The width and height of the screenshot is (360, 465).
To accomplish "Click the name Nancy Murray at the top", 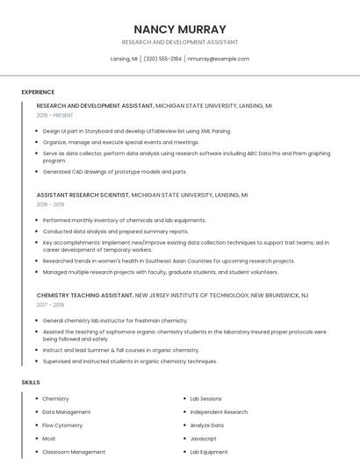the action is click(179, 29).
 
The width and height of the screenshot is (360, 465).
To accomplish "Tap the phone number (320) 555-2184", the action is click(162, 59).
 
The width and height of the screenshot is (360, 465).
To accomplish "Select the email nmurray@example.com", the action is click(219, 59).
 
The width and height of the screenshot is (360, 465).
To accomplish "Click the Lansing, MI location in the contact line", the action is click(124, 59).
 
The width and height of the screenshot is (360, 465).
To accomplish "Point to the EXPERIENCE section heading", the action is click(38, 92).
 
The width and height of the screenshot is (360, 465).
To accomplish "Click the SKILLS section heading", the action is click(31, 383).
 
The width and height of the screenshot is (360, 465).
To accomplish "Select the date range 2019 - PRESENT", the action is click(55, 116).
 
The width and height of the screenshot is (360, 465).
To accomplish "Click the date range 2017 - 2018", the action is click(51, 305).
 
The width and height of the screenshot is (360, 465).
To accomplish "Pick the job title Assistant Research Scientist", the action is click(83, 195).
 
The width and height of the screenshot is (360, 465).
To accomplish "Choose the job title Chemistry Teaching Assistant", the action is click(84, 296).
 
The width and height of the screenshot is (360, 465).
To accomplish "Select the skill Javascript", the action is click(203, 438).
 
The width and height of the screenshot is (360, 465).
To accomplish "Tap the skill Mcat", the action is click(49, 438).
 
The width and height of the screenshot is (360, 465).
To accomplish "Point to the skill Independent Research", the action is click(219, 411).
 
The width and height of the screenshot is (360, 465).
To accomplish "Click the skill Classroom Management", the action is click(74, 452).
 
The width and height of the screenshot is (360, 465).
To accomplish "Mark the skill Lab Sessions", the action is click(205, 398).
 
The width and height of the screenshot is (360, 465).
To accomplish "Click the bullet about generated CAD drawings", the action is click(114, 172).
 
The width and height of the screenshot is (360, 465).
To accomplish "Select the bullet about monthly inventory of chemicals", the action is click(124, 220).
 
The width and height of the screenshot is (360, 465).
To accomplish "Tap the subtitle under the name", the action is click(179, 42).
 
